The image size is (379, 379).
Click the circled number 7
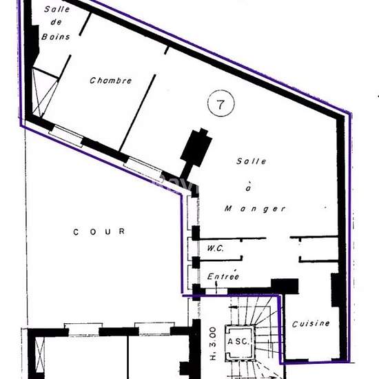[221, 105]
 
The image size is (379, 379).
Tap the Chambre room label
[110, 81]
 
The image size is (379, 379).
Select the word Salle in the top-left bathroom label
[57, 10]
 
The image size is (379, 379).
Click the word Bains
[55, 37]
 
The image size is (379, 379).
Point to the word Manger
[256, 208]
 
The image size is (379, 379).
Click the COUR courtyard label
[99, 232]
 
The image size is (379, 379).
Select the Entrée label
[223, 276]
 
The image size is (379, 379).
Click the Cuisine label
[311, 323]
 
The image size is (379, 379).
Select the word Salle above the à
[251, 161]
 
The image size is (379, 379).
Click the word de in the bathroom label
[56, 23]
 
